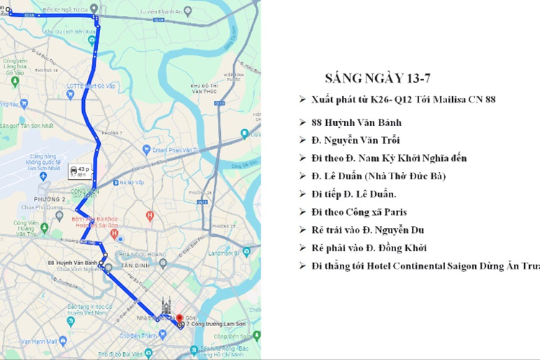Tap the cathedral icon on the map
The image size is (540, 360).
click(167, 305)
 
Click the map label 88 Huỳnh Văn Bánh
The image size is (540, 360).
click(73, 264)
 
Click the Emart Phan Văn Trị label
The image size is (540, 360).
click(172, 150)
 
